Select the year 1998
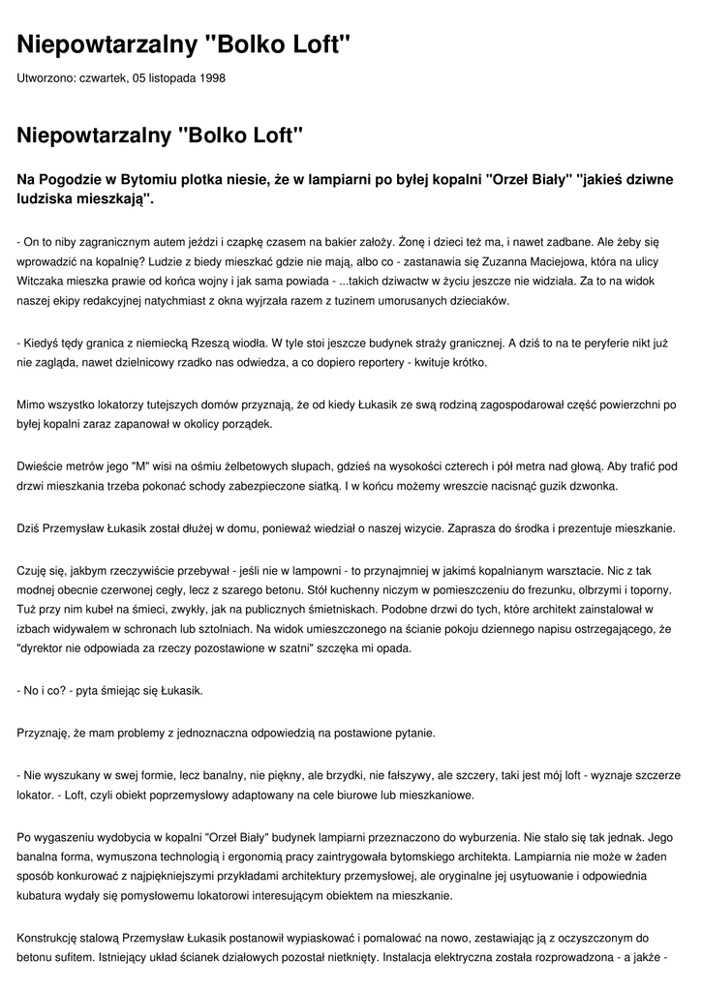point(211,78)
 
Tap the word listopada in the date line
point(165,78)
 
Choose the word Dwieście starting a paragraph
point(42,466)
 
